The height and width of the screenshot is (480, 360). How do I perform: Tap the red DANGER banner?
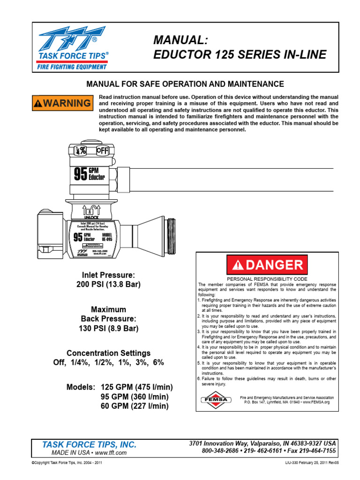pos(267,265)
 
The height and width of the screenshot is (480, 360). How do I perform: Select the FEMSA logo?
pos(213,399)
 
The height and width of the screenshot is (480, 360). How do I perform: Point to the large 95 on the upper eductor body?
pos(81,174)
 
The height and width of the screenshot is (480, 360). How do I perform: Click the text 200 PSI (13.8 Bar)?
pos(108,285)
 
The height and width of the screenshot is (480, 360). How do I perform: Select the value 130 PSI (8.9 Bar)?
pos(108,328)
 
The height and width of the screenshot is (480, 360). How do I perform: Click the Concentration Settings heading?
pos(108,353)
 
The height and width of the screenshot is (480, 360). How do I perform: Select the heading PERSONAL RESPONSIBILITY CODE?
pos(267,278)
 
